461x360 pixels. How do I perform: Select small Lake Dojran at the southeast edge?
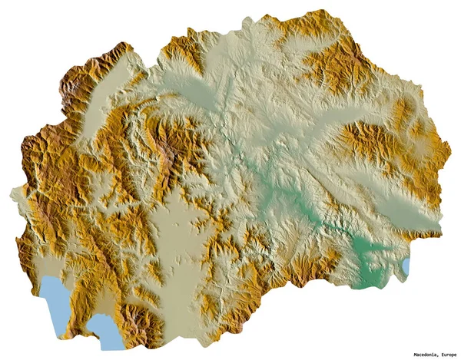point(406,266)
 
